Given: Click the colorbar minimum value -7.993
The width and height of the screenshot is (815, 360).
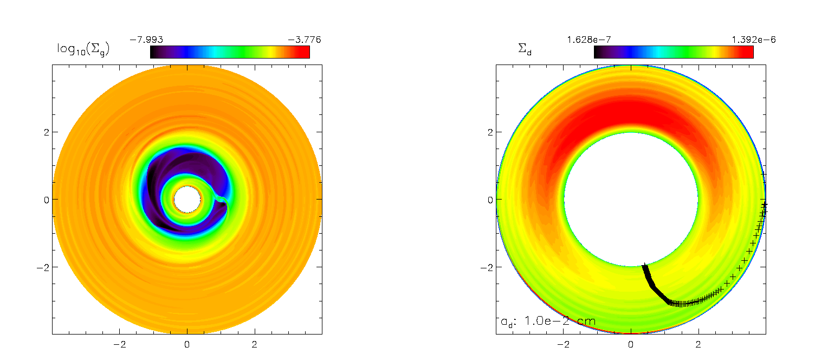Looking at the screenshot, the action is [146, 40].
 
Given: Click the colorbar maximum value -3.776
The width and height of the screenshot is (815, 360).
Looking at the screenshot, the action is [305, 40].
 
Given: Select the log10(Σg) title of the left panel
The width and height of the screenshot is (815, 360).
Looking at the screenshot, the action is [83, 49].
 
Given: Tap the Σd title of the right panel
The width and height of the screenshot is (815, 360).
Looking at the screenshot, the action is [525, 49].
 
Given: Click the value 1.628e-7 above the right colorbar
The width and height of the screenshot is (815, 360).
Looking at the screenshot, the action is [589, 40].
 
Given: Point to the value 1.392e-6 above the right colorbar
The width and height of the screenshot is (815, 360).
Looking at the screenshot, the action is [754, 40].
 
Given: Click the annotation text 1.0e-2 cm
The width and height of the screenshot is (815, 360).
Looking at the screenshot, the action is [560, 321].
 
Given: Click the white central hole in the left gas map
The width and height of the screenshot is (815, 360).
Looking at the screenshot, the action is [187, 200].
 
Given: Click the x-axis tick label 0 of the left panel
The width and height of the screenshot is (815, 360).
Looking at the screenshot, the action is [187, 344].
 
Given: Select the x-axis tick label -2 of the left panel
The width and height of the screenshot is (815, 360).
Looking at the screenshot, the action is [119, 344].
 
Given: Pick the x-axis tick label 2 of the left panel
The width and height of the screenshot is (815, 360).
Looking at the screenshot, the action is [254, 344].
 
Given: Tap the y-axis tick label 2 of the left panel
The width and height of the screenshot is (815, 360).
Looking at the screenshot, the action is [46, 132].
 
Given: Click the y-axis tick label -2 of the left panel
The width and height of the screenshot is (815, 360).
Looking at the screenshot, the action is [43, 267].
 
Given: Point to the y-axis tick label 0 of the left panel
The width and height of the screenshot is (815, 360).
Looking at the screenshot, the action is [46, 200].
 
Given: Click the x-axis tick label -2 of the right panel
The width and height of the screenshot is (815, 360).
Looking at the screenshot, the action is [563, 344].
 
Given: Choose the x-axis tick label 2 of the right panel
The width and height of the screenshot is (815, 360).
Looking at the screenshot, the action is [698, 344].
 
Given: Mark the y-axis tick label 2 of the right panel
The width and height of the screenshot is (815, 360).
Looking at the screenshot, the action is [490, 132].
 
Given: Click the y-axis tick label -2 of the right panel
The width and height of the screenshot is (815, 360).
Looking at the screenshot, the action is [487, 267].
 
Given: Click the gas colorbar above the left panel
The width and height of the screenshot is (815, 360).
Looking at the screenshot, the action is [230, 52].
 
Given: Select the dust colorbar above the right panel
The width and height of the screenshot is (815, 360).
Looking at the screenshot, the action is [674, 52].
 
